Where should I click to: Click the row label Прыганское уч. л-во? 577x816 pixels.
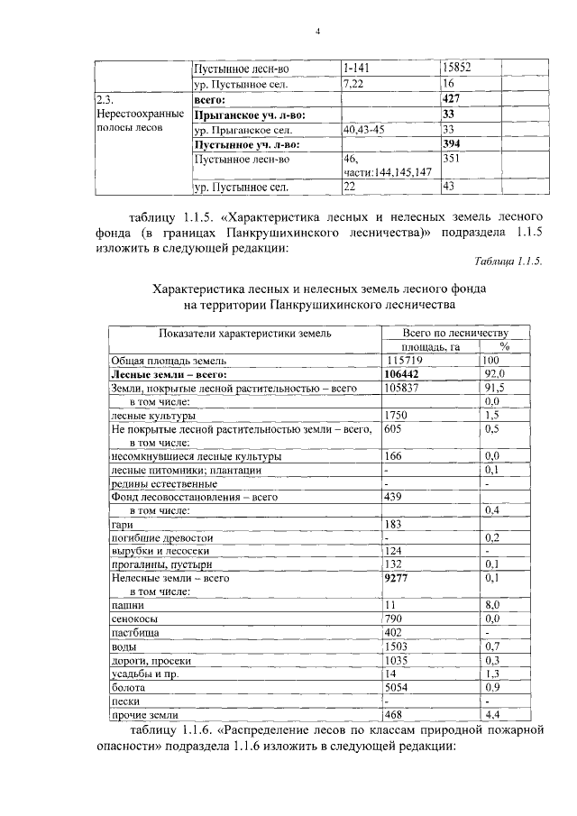click(x=251, y=115)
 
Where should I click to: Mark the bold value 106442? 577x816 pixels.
click(x=404, y=374)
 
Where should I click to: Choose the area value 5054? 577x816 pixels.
click(x=397, y=687)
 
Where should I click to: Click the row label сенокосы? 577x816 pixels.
click(x=133, y=619)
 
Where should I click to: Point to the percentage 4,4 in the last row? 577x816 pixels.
click(x=491, y=715)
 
